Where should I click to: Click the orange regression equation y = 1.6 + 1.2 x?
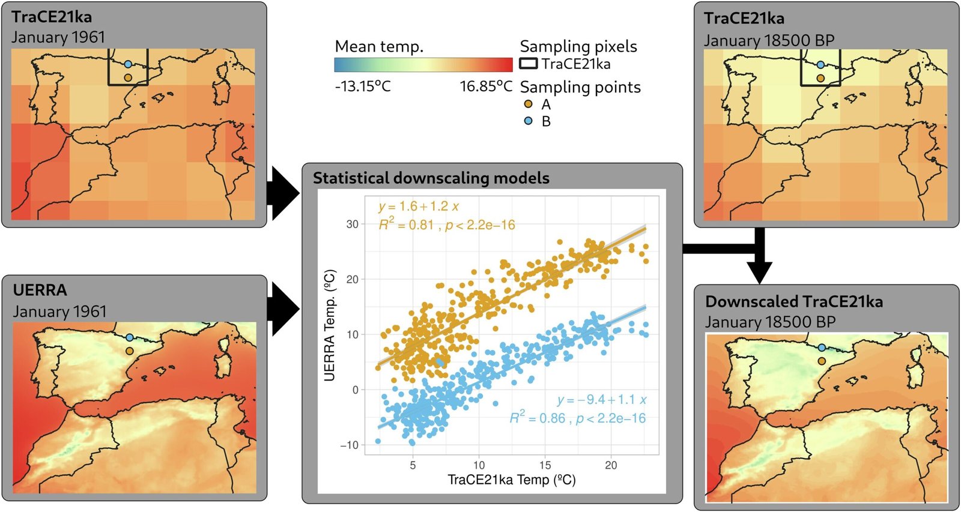coord(419,206)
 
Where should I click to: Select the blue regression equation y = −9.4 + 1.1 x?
coord(601,400)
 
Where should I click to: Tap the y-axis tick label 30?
coord(352,224)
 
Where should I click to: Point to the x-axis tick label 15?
coord(545,465)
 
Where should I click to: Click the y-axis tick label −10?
coord(349,445)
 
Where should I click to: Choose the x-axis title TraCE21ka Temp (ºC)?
coord(511,480)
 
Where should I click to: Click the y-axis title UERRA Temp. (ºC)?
coord(329,325)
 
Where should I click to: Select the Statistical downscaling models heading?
coord(431,178)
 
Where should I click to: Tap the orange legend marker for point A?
coord(529,104)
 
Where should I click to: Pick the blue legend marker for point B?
coord(529,121)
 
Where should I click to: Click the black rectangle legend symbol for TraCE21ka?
coord(528,63)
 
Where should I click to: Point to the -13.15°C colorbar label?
coord(363,86)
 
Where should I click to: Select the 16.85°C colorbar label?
coord(486,86)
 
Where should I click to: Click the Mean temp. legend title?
coord(379,46)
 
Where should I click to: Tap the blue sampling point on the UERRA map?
coord(129,338)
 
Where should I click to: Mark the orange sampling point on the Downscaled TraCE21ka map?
coord(822,361)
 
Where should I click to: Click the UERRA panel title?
coord(40,290)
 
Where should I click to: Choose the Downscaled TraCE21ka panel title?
coord(793,301)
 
